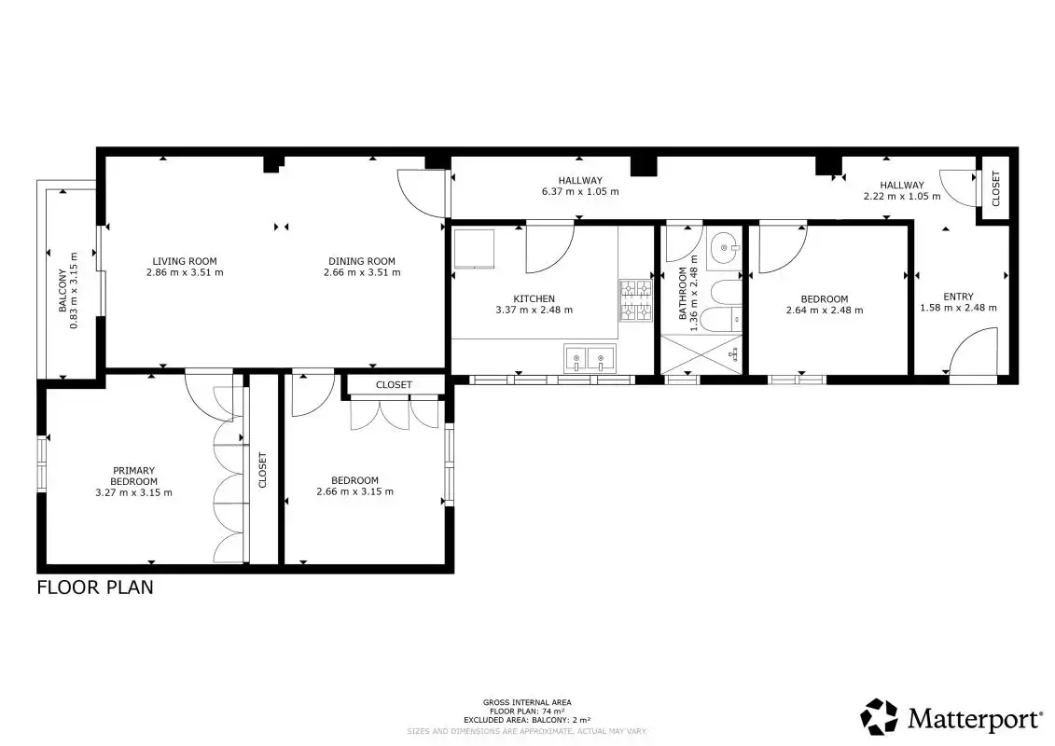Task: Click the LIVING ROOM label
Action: tap(185, 261)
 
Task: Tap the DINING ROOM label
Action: tap(362, 261)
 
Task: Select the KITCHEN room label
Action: tap(534, 298)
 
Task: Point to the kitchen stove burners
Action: tap(636, 300)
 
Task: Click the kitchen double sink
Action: tap(590, 357)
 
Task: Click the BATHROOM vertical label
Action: tap(683, 294)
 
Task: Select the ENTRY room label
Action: tap(958, 296)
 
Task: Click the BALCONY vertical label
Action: tap(62, 291)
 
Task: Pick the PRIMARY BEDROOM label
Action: tap(134, 476)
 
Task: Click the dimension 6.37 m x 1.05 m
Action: tap(580, 191)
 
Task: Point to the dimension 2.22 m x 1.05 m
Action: tap(902, 197)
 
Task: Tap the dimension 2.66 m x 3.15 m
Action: tap(354, 491)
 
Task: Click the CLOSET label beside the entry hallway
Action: tap(996, 189)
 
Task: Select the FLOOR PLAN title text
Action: tap(95, 587)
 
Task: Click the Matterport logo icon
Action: tap(879, 717)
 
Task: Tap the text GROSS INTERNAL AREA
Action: tap(527, 703)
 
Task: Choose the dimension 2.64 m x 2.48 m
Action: tap(825, 311)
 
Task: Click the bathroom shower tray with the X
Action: tap(701, 353)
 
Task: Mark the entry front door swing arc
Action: tap(966, 339)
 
